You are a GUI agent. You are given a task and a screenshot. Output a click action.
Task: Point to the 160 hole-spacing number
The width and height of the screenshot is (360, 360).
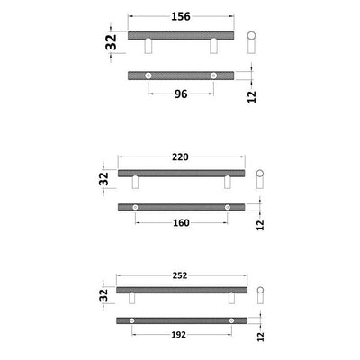pos(181,224)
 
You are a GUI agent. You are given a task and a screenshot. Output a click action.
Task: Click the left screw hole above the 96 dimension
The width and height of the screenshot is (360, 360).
pos(149,74)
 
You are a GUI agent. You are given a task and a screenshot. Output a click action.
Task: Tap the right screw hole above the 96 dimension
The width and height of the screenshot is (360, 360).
pos(213,74)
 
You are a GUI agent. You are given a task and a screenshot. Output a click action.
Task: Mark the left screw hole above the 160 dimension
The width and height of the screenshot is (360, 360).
pos(135,208)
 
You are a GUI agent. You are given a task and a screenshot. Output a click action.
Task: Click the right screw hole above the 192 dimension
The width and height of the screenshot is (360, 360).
pos(230,320)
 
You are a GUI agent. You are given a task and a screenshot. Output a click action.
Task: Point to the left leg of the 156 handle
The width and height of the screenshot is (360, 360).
pos(149,46)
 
